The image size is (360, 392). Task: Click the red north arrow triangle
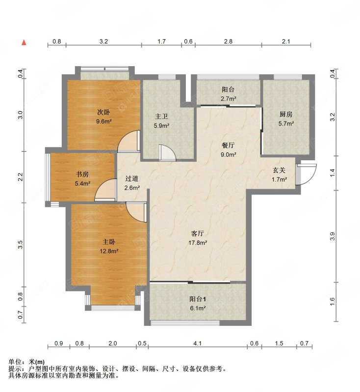click(24, 43)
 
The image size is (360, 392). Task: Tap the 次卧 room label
click(103, 112)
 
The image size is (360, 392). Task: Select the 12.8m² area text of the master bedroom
click(109, 251)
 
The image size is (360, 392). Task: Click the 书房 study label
click(82, 174)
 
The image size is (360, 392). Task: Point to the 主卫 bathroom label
click(161, 117)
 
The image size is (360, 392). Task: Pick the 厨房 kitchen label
click(286, 114)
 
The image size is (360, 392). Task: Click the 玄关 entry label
click(279, 170)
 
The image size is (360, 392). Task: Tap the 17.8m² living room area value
click(198, 243)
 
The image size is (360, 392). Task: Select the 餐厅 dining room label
click(228, 145)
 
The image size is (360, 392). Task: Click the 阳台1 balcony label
click(198, 299)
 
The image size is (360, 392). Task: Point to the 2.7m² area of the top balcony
click(229, 99)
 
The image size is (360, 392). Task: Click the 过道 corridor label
click(132, 178)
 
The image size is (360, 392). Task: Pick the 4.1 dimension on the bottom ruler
click(197, 343)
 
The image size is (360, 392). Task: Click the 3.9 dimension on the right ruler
click(332, 236)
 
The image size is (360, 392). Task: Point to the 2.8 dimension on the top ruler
click(228, 41)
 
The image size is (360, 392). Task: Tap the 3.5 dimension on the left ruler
click(21, 244)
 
